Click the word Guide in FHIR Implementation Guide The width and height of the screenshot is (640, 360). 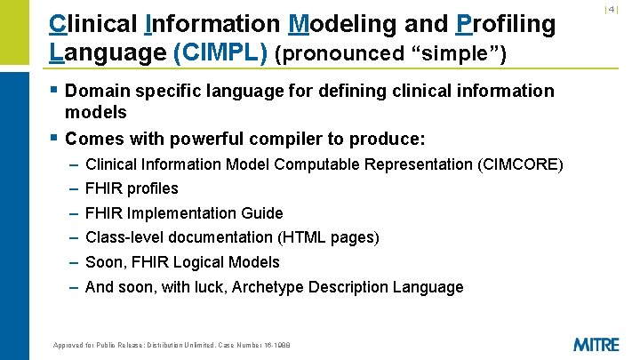pyautogui.click(x=262, y=213)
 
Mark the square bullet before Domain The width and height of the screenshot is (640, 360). pyautogui.click(x=55, y=90)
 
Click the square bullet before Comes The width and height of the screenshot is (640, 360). pyautogui.click(x=55, y=139)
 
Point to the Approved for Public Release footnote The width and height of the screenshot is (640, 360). pyautogui.click(x=172, y=345)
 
